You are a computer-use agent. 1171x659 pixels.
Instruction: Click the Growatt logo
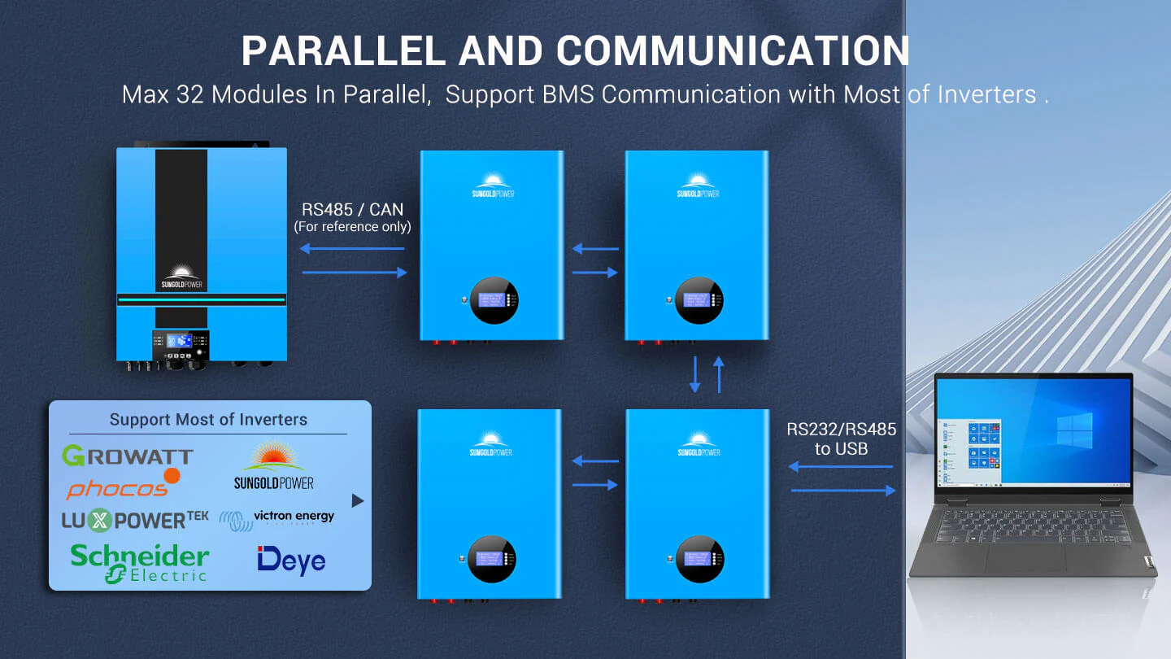click(x=127, y=456)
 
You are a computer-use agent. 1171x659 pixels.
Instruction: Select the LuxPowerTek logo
click(x=135, y=520)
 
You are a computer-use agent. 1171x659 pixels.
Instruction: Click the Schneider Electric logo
click(x=139, y=562)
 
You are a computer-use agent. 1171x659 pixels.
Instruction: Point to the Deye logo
click(x=291, y=560)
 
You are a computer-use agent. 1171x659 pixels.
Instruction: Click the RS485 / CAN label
click(x=352, y=210)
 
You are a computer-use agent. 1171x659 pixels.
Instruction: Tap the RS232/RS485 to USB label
click(x=841, y=439)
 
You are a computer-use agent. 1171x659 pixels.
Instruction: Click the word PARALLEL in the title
click(x=342, y=51)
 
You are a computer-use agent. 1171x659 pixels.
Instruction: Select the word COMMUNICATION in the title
click(x=684, y=51)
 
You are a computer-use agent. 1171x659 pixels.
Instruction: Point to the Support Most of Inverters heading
click(x=208, y=420)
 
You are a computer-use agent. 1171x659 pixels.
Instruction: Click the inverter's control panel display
click(x=180, y=341)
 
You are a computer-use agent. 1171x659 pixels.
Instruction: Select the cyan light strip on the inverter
click(x=201, y=300)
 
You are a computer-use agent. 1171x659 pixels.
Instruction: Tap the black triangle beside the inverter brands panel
click(x=358, y=500)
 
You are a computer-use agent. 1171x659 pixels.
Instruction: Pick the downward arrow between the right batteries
click(x=694, y=374)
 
